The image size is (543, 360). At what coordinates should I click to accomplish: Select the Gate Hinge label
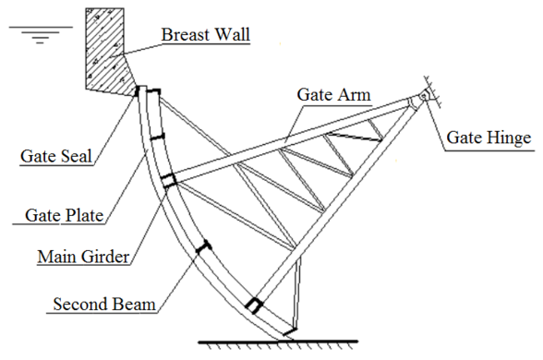pyautogui.click(x=489, y=138)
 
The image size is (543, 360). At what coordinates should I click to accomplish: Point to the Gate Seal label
pyautogui.click(x=55, y=155)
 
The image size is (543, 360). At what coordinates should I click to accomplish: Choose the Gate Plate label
pyautogui.click(x=63, y=217)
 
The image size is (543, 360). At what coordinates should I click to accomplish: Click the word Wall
pyautogui.click(x=231, y=35)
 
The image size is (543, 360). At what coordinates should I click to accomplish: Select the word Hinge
pyautogui.click(x=511, y=138)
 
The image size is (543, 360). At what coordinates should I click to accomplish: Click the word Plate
pyautogui.click(x=83, y=217)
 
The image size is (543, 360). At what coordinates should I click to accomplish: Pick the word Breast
pyautogui.click(x=185, y=35)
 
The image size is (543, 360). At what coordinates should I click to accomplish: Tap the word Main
pyautogui.click(x=54, y=255)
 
